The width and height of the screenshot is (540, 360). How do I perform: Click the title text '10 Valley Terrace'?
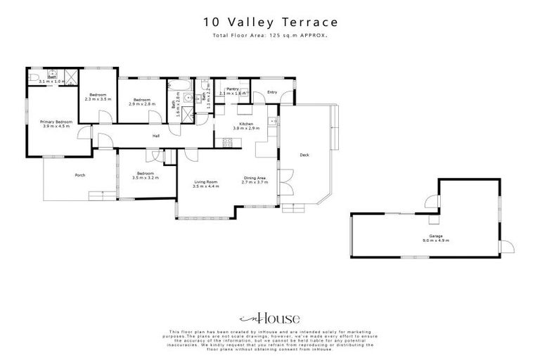[271, 23]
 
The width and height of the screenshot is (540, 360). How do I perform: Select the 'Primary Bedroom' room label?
[56, 122]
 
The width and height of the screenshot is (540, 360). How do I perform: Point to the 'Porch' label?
[80, 175]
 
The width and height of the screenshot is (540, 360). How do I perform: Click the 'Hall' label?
[157, 136]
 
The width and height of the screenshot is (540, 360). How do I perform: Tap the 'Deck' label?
[304, 155]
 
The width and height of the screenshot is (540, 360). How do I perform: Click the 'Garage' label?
[435, 236]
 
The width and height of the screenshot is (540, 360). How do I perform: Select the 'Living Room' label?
[206, 182]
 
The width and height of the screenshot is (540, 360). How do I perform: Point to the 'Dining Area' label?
[255, 178]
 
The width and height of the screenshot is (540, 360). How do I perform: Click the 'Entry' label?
[272, 91]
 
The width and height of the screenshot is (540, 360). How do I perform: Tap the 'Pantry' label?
[233, 89]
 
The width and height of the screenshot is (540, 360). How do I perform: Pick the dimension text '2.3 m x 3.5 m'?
[98, 99]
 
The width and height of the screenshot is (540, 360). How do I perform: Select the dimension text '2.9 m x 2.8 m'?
[143, 103]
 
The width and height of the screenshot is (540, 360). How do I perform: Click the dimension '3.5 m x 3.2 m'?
[146, 178]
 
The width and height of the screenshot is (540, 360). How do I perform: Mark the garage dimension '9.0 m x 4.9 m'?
[435, 241]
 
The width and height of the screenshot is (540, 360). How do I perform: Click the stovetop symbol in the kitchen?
[227, 144]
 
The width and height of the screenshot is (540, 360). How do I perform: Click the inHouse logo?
[270, 318]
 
